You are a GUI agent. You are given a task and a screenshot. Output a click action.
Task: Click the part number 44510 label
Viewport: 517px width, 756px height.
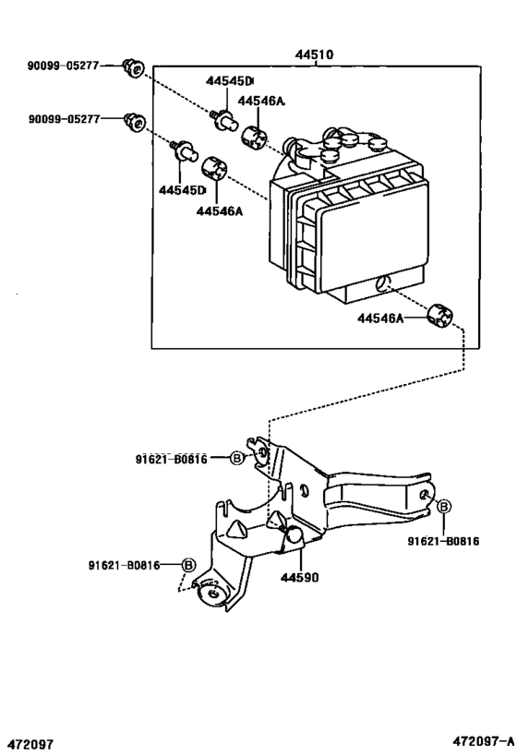coord(314,54)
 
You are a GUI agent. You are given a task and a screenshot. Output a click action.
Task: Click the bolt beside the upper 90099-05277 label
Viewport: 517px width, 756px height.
coord(134,67)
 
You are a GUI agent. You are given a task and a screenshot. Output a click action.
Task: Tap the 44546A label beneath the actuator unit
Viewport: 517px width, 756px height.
coord(382,318)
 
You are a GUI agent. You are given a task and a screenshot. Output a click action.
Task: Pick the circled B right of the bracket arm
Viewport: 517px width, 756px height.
coord(443,506)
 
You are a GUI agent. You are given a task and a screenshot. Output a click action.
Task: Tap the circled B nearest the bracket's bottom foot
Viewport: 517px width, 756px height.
coord(188,564)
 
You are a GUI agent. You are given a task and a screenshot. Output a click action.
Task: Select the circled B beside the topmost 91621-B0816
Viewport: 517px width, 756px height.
coord(236,458)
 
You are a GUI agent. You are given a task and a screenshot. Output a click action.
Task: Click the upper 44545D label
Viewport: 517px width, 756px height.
coord(230,81)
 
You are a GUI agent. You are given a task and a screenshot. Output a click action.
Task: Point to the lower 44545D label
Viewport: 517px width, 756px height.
coord(181,190)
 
